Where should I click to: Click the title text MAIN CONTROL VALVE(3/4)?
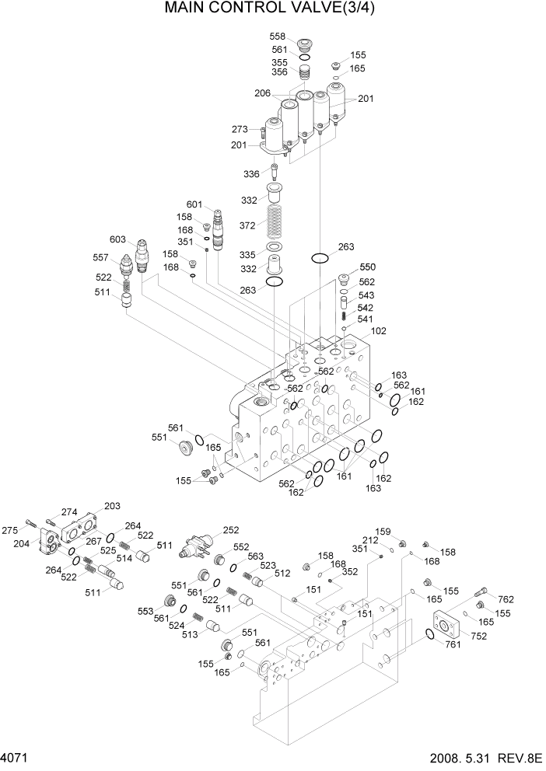[x=275, y=11]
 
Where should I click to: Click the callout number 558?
[x=278, y=37]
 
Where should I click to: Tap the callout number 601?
[x=194, y=205]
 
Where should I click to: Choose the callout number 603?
[x=117, y=239]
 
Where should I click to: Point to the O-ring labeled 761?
[x=429, y=637]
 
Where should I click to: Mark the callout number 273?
[x=240, y=129]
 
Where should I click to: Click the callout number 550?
[x=368, y=267]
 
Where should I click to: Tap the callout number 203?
[x=113, y=506]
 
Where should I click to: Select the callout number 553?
[x=147, y=612]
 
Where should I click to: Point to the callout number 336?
[x=252, y=173]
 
